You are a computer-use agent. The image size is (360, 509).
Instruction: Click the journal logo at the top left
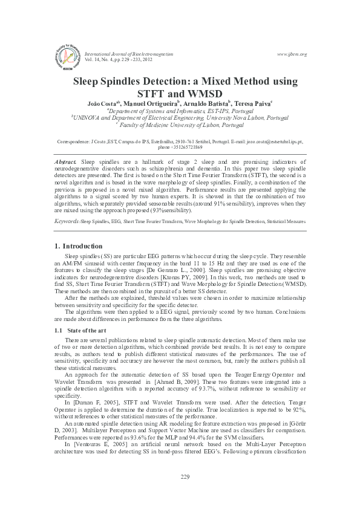pos(68,53)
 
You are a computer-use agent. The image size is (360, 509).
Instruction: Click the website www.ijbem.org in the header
pos(292,54)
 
